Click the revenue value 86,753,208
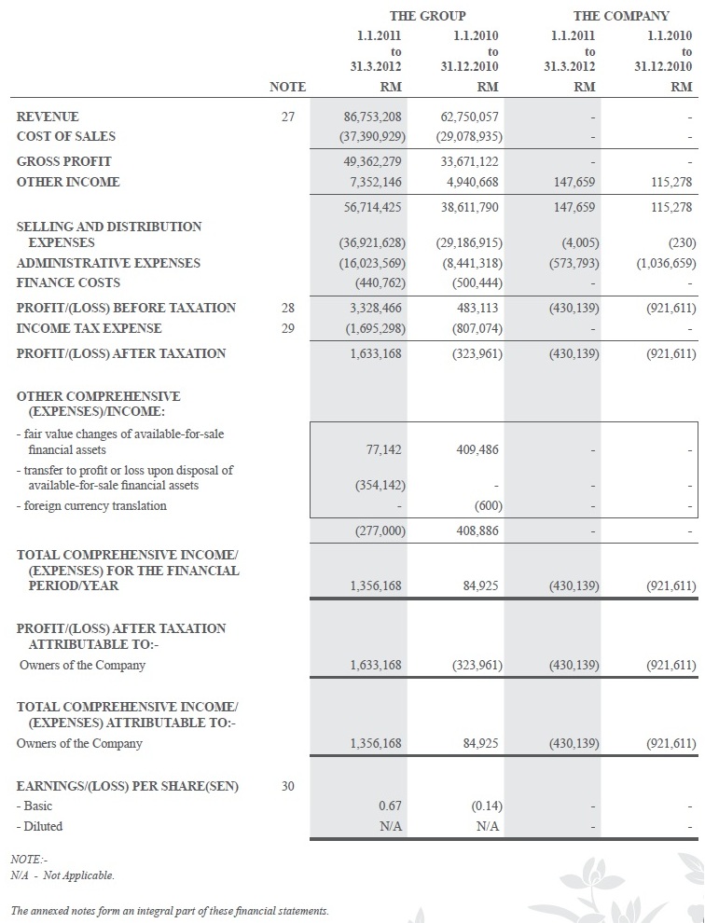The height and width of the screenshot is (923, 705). pos(373,117)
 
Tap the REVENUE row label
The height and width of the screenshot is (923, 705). pos(48,117)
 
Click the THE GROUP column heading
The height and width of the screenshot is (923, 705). pos(427,16)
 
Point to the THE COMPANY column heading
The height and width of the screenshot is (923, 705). pos(621,16)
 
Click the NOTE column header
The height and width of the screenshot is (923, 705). pos(287,87)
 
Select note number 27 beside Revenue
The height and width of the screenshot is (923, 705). pos(287,117)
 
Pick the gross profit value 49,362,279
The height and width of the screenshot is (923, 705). pos(373,162)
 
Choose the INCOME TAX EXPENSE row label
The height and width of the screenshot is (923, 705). pos(89,328)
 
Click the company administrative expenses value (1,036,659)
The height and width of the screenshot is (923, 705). pos(666,263)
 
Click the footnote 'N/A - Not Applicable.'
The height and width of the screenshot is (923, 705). pos(62,875)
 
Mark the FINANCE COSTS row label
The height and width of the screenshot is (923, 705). pos(68,282)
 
